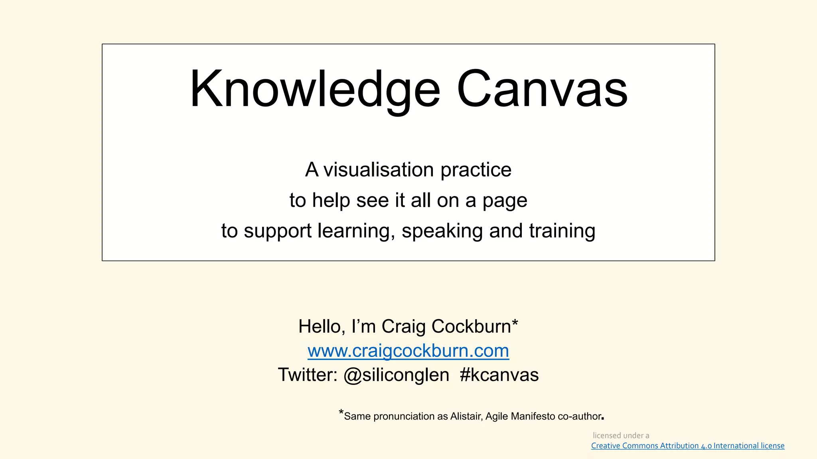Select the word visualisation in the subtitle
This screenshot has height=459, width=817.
[378, 170]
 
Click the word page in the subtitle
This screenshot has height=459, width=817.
[505, 201]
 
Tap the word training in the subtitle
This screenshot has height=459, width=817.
[562, 231]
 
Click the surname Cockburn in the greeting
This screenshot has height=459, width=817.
[472, 327]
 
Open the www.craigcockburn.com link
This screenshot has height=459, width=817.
[408, 351]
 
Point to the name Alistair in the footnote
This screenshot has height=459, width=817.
[466, 416]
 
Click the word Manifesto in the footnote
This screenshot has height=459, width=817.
[533, 416]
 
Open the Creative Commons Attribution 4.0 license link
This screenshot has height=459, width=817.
[688, 446]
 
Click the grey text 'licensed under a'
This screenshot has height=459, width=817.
[621, 435]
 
